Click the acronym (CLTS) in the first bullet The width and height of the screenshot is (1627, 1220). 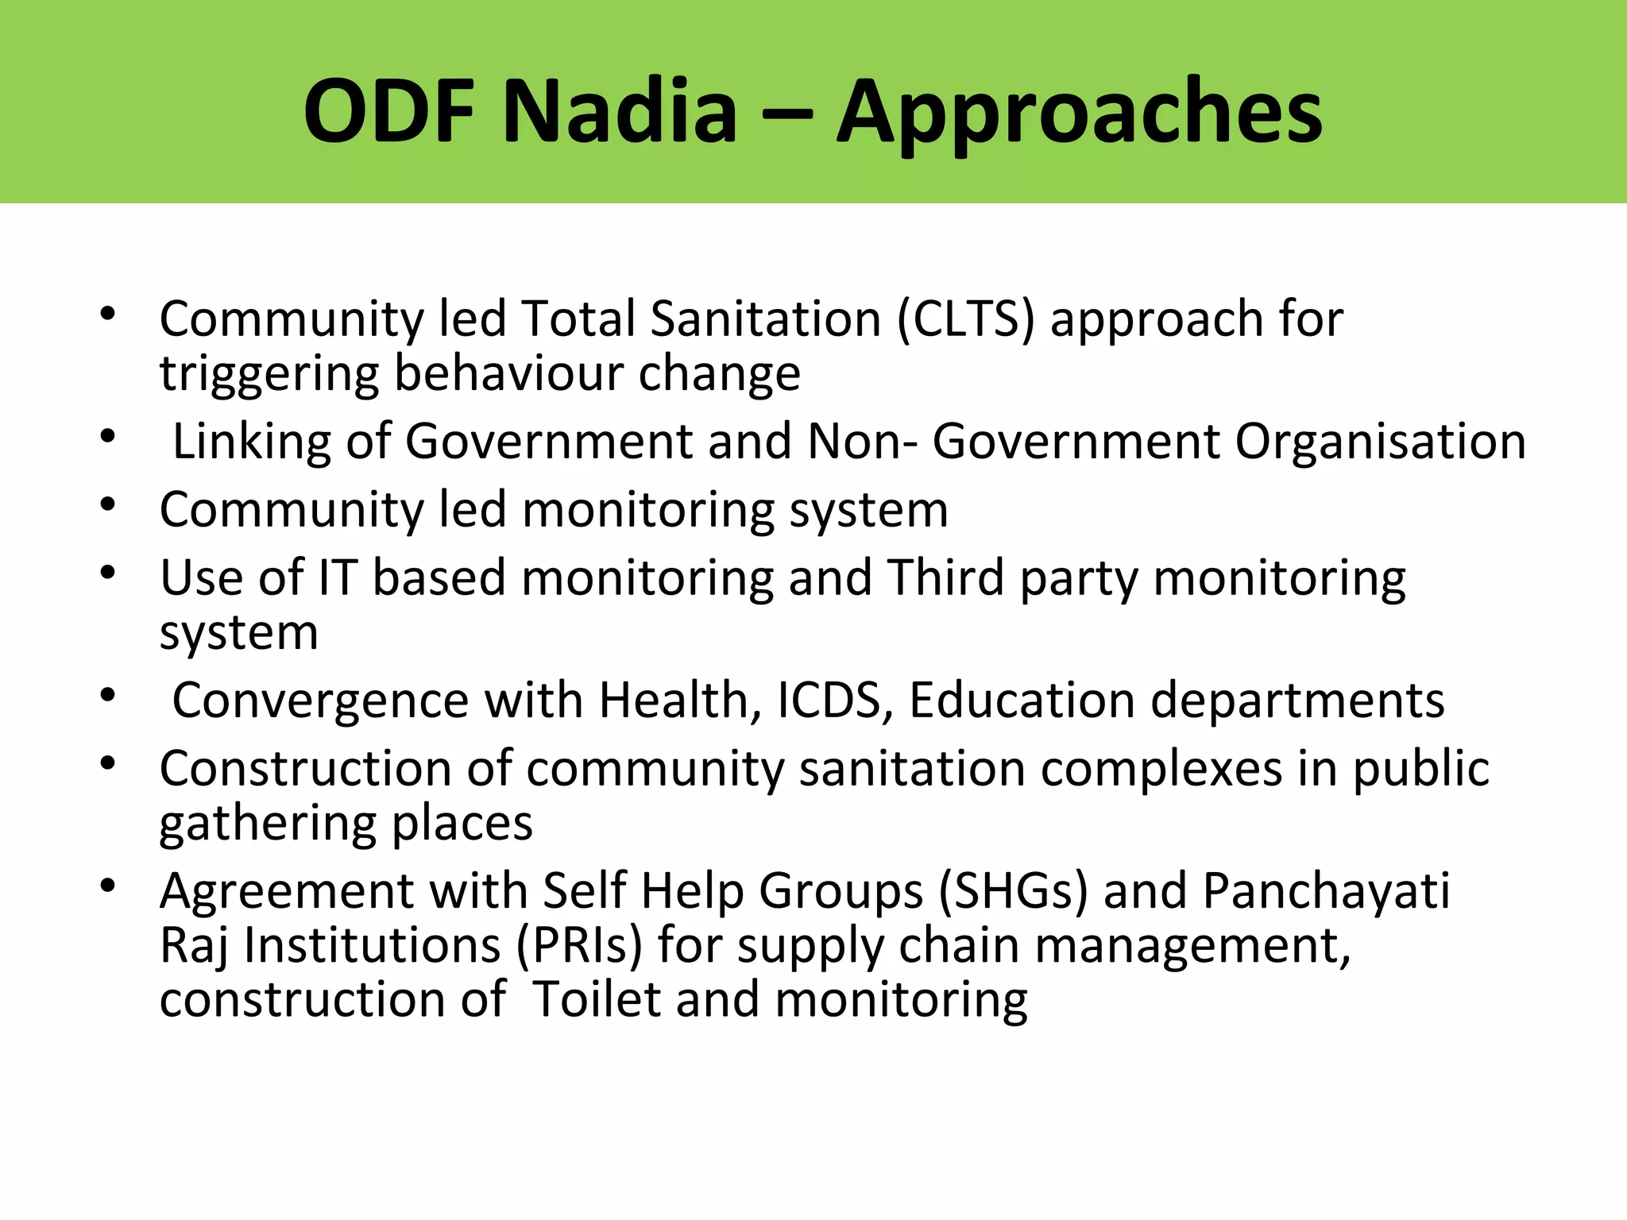(x=966, y=319)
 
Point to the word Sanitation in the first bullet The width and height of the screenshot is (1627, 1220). (x=766, y=319)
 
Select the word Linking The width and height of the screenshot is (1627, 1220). (x=252, y=442)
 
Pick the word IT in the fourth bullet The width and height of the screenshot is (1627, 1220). (x=337, y=577)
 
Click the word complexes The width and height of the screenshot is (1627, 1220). (x=1161, y=769)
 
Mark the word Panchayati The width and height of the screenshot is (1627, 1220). (x=1326, y=891)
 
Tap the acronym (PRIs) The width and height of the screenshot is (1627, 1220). (x=579, y=945)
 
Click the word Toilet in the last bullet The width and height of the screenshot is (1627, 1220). (x=597, y=999)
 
